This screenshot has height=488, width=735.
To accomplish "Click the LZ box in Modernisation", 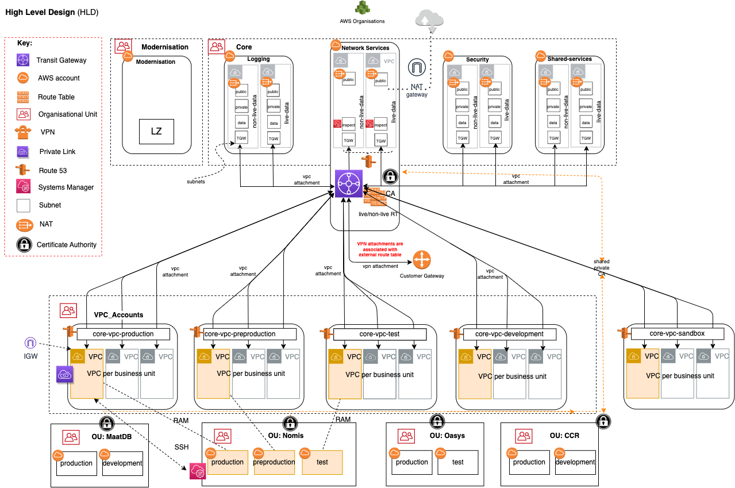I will click(x=156, y=131).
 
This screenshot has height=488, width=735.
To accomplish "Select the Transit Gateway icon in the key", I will click(x=23, y=60).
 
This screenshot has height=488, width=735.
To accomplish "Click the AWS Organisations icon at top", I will click(x=361, y=8).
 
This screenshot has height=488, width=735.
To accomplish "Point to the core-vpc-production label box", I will click(x=124, y=334).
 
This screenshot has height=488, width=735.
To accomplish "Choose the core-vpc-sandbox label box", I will click(x=676, y=333).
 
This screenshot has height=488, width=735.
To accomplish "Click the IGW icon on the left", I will click(x=30, y=343).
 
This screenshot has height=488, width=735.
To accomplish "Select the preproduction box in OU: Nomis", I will click(x=274, y=462).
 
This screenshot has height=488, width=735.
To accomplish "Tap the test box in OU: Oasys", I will click(x=457, y=462).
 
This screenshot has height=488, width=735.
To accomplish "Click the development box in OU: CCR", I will click(x=575, y=462).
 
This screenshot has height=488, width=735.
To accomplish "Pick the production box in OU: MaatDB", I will click(x=76, y=463).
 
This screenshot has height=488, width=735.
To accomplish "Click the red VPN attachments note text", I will click(x=379, y=249).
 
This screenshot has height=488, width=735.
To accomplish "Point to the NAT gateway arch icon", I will click(x=417, y=68).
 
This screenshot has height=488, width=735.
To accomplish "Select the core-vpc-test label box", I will click(x=380, y=334).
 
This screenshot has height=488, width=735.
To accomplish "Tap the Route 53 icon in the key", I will click(x=23, y=170).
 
